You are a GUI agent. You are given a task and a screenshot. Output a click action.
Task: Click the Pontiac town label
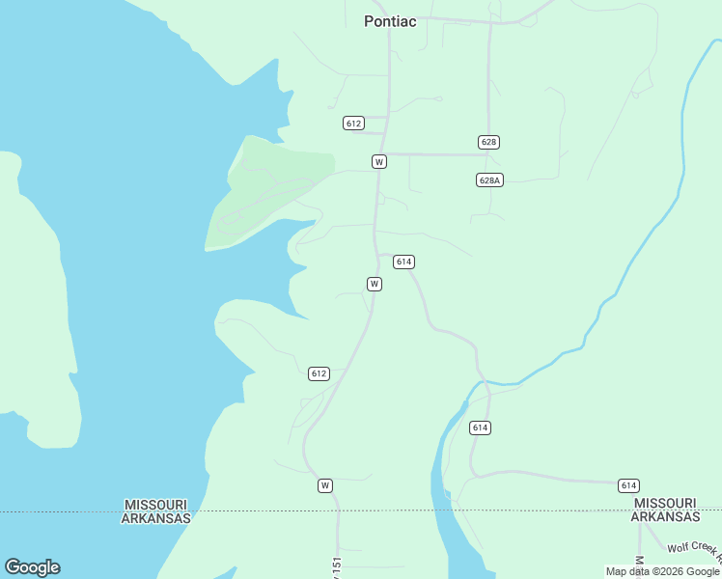(390, 21)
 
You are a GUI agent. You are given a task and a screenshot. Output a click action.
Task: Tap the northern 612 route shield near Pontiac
(353, 123)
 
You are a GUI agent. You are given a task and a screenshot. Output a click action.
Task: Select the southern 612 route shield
(319, 373)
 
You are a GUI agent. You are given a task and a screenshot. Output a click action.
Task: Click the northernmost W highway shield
(379, 161)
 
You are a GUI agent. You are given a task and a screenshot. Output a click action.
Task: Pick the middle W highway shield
(375, 284)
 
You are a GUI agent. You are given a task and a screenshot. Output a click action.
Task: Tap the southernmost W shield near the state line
(325, 485)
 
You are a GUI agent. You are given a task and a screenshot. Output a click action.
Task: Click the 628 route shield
(488, 142)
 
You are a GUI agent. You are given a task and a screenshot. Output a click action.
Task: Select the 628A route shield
(489, 180)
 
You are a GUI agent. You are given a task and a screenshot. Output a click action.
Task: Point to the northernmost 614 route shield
(403, 262)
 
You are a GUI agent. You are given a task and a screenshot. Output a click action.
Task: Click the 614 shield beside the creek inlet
(481, 427)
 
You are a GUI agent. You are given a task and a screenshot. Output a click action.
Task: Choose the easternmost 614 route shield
(629, 485)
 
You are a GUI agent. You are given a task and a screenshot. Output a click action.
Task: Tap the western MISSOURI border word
(155, 505)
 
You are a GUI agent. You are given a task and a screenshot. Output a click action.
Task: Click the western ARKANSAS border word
(155, 518)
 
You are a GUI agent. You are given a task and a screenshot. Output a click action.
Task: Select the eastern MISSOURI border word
(666, 504)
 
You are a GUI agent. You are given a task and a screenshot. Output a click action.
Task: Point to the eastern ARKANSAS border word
(666, 517)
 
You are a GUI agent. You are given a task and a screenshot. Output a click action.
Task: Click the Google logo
(32, 567)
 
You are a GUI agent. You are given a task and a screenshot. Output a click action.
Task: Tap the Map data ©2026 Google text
(662, 572)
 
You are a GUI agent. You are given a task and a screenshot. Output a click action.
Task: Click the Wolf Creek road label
(695, 550)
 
